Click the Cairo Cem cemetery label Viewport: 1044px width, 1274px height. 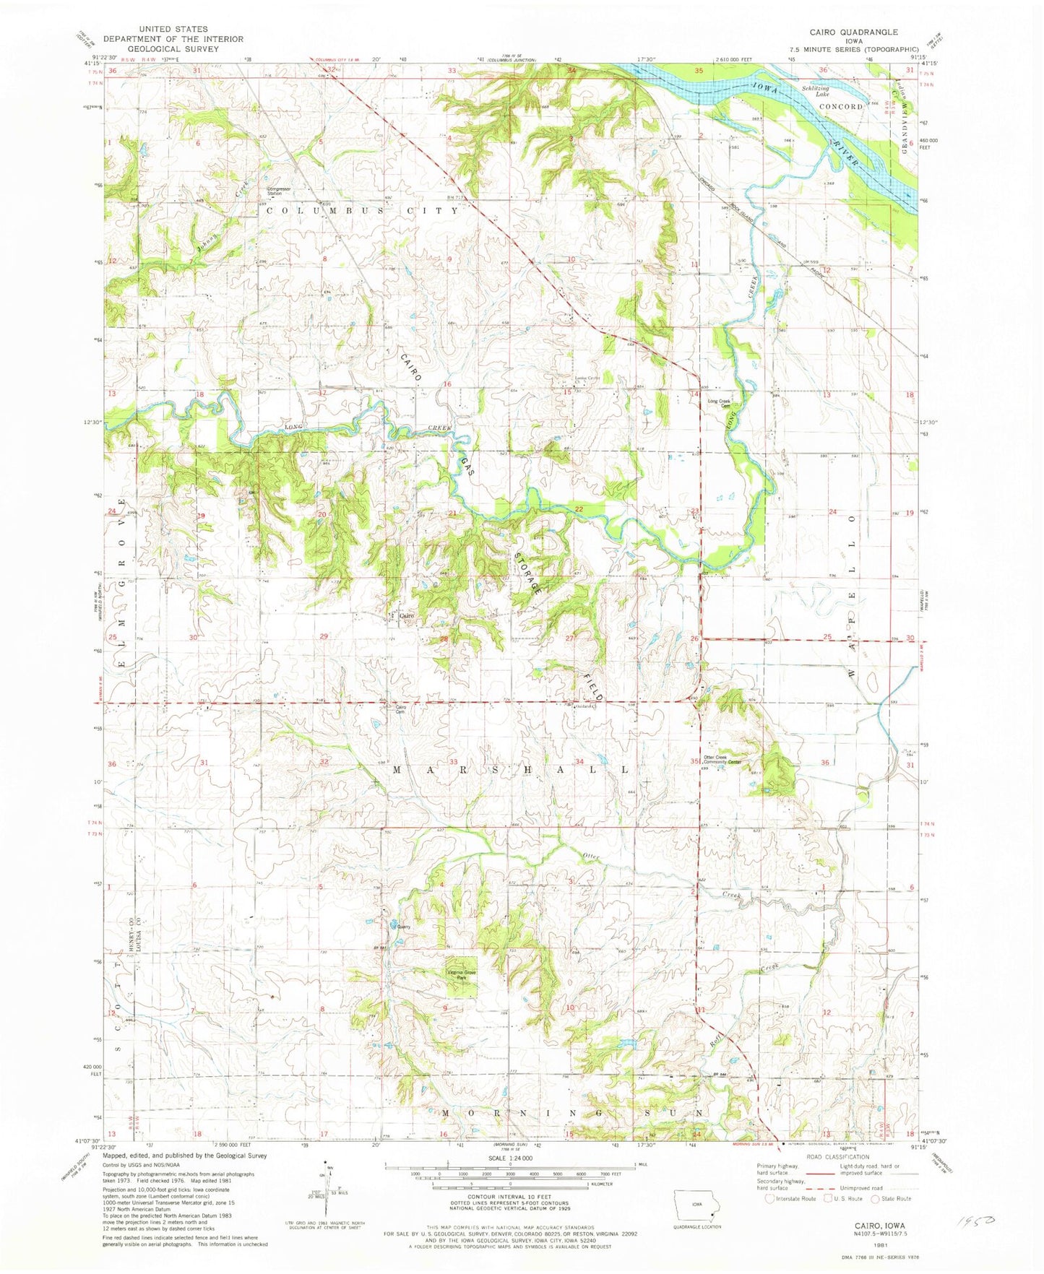pos(400,709)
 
